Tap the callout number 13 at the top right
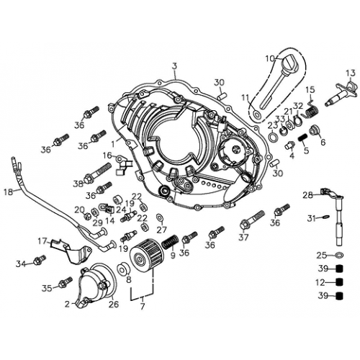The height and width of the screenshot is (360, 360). click(x=350, y=73)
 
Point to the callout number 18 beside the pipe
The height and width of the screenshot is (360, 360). click(x=7, y=192)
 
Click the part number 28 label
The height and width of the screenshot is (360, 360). click(x=307, y=195)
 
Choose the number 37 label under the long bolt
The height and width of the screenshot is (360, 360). click(x=243, y=237)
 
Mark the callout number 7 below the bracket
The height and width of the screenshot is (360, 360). click(x=142, y=307)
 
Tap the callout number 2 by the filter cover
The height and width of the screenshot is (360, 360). click(x=67, y=305)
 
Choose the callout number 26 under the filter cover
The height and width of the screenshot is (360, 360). click(x=113, y=305)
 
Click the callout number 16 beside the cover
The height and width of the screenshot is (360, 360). click(x=107, y=156)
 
